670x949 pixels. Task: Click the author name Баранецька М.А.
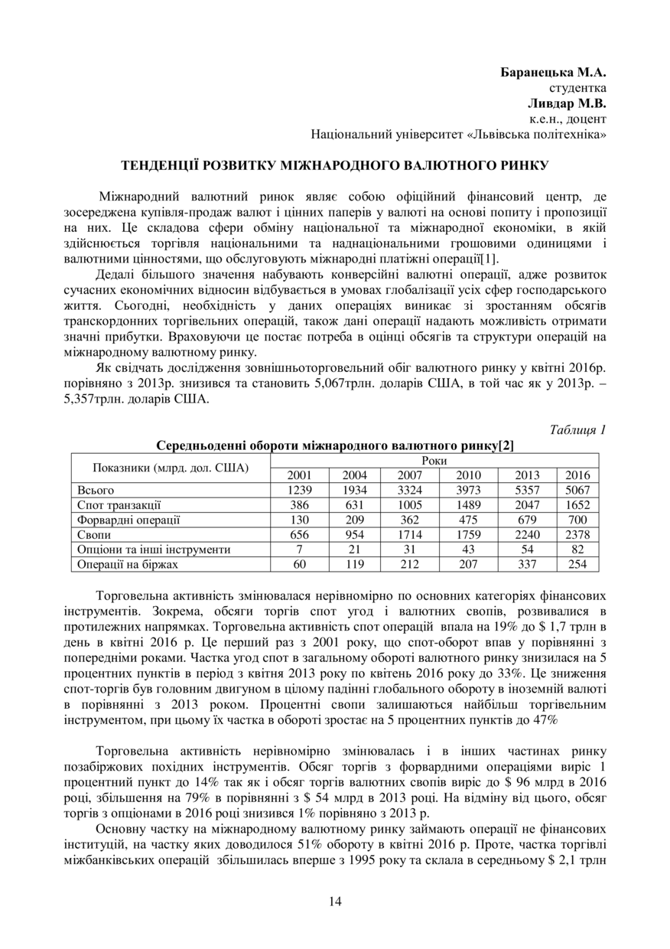[x=553, y=73]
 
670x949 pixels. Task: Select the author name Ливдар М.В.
[x=567, y=103]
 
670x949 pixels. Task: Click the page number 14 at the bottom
[x=335, y=901]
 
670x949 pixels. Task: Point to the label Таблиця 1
[x=577, y=430]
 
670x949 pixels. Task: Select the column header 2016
[x=577, y=475]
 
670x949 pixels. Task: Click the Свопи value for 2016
[x=577, y=534]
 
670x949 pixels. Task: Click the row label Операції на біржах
[x=127, y=564]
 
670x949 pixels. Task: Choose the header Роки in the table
[x=434, y=461]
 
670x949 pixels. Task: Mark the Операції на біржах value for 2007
[x=410, y=564]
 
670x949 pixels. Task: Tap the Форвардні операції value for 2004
[x=354, y=520]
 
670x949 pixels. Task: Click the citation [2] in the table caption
[x=506, y=445]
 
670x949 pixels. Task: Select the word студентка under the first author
[x=577, y=89]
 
